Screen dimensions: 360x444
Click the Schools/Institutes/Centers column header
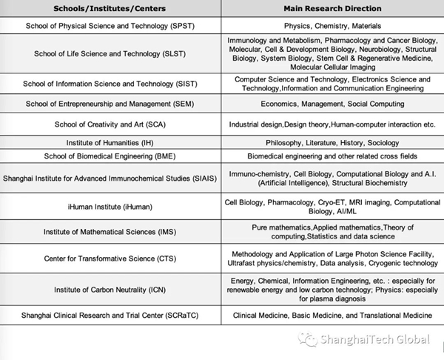coord(110,8)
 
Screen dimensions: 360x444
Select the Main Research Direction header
coord(332,8)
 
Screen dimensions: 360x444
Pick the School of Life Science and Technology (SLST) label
coord(110,53)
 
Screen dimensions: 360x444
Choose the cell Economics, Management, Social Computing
coord(332,104)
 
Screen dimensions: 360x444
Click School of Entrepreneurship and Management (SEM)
coord(110,104)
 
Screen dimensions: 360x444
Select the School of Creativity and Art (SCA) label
coord(110,124)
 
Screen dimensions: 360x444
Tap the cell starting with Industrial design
coord(332,124)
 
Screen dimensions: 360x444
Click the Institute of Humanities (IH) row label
coord(110,142)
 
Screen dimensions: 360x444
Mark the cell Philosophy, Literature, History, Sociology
coord(332,142)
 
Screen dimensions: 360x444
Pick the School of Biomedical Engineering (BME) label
coord(110,156)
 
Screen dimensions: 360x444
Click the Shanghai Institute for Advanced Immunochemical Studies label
coord(110,178)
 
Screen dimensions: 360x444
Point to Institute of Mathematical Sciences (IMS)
coord(110,231)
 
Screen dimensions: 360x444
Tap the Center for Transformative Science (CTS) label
coord(110,258)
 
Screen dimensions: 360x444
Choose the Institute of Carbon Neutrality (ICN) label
coord(110,291)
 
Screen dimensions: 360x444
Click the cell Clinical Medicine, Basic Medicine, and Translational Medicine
coord(332,314)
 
